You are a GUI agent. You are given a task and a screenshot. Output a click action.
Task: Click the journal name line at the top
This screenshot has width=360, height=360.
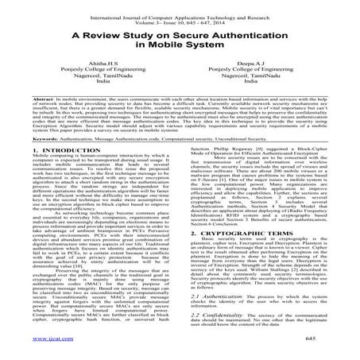(x=179, y=9)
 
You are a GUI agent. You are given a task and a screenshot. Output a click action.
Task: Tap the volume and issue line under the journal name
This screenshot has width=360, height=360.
(x=180, y=16)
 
